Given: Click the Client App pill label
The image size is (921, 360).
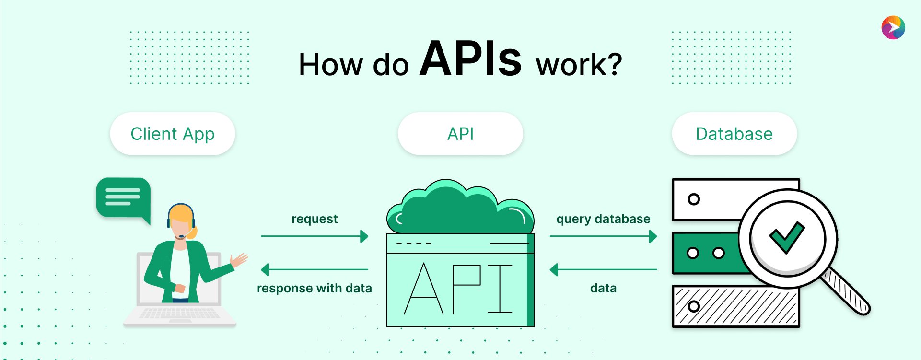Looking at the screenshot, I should pyautogui.click(x=173, y=134).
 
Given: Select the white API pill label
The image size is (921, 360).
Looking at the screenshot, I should pyautogui.click(x=460, y=134).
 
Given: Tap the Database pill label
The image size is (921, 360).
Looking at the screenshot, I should pyautogui.click(x=734, y=134).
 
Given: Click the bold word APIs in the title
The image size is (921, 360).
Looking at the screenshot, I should pyautogui.click(x=470, y=59).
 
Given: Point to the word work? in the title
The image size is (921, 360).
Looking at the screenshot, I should pyautogui.click(x=579, y=65).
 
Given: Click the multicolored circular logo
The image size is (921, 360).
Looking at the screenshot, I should pyautogui.click(x=893, y=27).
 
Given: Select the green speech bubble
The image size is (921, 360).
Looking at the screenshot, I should pyautogui.click(x=123, y=197).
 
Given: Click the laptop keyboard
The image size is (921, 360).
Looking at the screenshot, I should pyautogui.click(x=179, y=314).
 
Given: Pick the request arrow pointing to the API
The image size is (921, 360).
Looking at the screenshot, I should pyautogui.click(x=315, y=236).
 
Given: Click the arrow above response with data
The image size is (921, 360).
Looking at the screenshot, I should pyautogui.click(x=315, y=269).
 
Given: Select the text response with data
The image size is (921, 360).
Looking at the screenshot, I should pyautogui.click(x=315, y=288).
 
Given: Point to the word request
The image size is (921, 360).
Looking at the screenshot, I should pyautogui.click(x=315, y=219).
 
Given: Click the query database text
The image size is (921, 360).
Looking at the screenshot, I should pyautogui.click(x=603, y=219).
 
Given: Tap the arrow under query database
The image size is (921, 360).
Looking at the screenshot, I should pyautogui.click(x=603, y=236).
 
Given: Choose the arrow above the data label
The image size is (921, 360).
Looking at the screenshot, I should pyautogui.click(x=603, y=269).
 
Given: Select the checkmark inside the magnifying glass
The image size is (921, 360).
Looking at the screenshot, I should pyautogui.click(x=787, y=237).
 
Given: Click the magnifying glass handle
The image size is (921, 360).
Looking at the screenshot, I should pyautogui.click(x=847, y=292).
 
